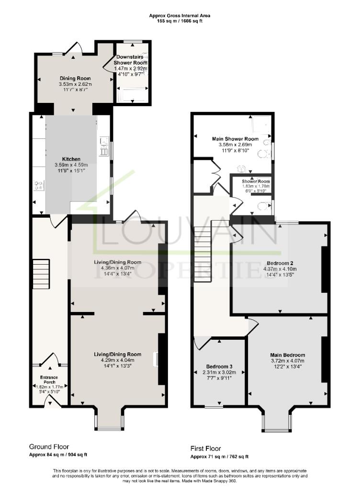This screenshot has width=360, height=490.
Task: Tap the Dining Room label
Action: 75,78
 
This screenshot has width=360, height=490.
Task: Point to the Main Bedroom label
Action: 287,355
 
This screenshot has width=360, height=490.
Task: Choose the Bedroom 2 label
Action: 278,263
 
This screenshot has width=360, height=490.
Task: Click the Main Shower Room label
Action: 232,139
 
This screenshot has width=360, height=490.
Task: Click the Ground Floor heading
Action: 49,446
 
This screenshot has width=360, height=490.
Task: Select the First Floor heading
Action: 206,449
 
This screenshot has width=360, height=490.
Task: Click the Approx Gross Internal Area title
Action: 180,16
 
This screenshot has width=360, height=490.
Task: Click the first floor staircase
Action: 203,249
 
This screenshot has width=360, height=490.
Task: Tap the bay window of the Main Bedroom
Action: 276,421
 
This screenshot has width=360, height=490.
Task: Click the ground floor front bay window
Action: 109,420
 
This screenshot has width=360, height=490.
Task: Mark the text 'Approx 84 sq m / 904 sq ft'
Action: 58,455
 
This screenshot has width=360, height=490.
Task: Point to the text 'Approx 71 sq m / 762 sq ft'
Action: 220,457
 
